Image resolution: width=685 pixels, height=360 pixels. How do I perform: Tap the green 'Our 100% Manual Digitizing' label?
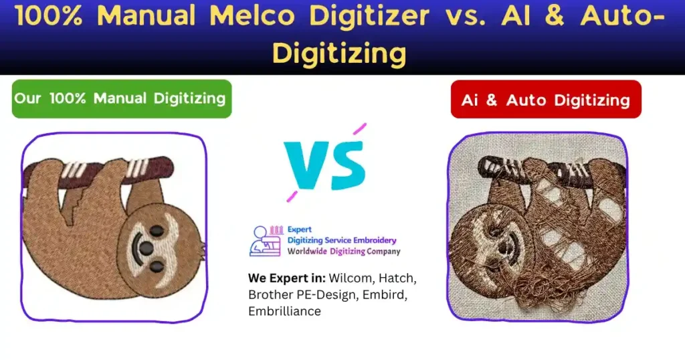[121, 98]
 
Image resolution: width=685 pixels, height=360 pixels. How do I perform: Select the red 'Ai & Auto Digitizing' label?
[545, 100]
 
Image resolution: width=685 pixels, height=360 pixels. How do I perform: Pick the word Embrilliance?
[284, 311]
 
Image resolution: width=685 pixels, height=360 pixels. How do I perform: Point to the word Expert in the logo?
[299, 229]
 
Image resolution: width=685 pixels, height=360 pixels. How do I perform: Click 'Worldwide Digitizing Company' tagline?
[344, 252]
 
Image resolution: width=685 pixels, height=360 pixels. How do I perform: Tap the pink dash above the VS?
[359, 128]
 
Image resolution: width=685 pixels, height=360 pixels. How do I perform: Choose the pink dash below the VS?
[292, 197]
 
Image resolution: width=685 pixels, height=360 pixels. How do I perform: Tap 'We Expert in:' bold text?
[286, 277]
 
